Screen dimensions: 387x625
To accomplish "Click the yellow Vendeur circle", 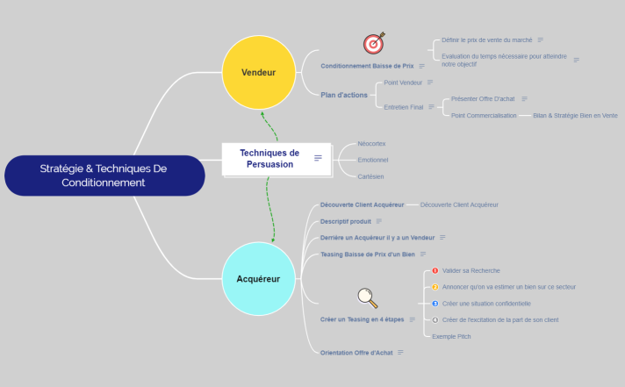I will (258, 72).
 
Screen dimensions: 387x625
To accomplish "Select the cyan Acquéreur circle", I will (258, 279).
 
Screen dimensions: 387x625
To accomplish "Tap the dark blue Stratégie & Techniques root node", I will (104, 175).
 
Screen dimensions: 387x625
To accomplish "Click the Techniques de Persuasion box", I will (269, 158).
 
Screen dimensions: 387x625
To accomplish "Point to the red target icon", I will (374, 42).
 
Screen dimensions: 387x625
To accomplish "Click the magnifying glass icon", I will (368, 298).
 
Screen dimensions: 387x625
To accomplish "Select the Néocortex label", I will (371, 143).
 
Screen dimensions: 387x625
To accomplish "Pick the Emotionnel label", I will (373, 160).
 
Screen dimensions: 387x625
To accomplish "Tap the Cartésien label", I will (370, 176).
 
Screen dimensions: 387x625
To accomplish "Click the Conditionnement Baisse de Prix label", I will (367, 66).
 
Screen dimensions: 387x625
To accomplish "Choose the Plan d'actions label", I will (344, 95).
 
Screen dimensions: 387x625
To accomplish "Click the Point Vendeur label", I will (404, 82).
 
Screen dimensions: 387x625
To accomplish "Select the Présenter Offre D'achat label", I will (483, 99).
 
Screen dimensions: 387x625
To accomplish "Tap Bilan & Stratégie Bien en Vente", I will (575, 115).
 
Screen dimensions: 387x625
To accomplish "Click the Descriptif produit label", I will (346, 221).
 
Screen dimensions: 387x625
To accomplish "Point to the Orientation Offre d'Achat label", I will (356, 352).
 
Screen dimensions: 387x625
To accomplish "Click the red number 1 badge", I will (435, 271).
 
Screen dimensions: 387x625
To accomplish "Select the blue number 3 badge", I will (435, 304).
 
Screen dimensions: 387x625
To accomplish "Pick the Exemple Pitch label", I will (452, 336).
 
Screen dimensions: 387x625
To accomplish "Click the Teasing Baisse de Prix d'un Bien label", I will (368, 254).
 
